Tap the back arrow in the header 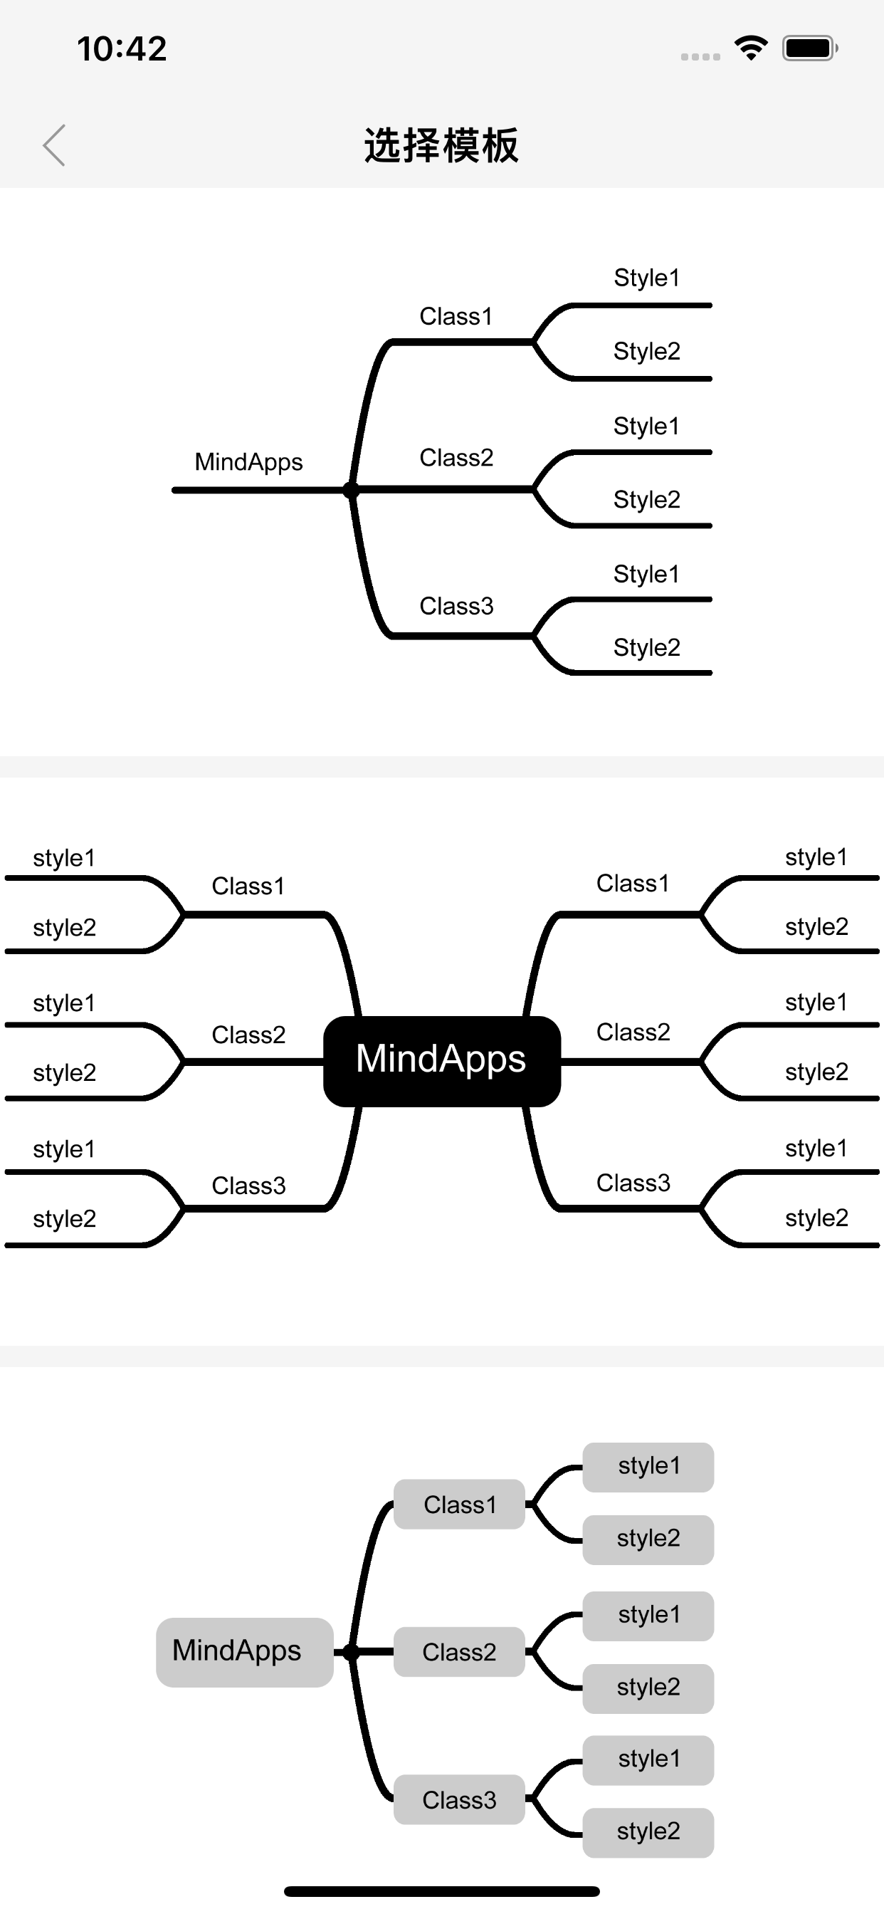pos(54,145)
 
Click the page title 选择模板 pos(441,145)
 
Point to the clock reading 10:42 pos(122,49)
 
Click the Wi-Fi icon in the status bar pos(751,48)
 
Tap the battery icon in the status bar pos(810,48)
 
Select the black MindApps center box pos(442,1061)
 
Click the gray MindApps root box pos(244,1652)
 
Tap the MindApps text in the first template pos(249,462)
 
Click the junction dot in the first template pos(352,490)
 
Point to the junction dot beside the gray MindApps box pos(352,1652)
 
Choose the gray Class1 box pos(459,1504)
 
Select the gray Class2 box pos(459,1652)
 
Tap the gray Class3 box pos(459,1799)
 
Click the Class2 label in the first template pos(456,458)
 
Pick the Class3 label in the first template pos(456,606)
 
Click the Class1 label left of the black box pos(248,886)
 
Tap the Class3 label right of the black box pos(633,1182)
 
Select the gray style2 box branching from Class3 pos(648,1832)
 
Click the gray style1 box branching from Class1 pos(648,1467)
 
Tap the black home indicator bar pos(442,1891)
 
